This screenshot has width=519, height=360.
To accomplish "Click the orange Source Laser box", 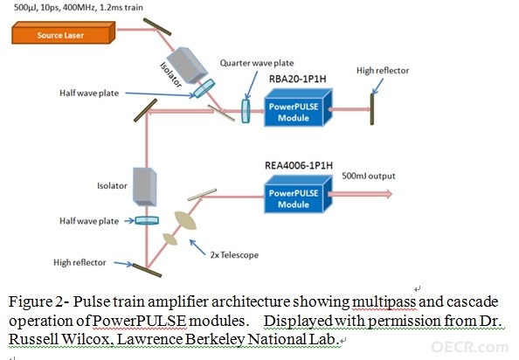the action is click(64, 32).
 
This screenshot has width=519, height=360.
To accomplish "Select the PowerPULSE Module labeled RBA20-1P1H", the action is click(298, 107).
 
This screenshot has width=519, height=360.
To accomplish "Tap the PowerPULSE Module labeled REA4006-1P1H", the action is click(298, 194).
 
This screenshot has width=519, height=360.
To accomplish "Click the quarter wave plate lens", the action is click(246, 111).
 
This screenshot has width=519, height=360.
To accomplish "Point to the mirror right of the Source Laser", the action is click(157, 27).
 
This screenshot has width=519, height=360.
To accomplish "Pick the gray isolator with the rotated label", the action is click(187, 66).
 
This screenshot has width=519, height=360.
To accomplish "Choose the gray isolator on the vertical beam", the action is click(145, 187).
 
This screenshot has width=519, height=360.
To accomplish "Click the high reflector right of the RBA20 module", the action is click(372, 109).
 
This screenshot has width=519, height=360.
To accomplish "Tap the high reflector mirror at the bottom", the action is click(147, 270).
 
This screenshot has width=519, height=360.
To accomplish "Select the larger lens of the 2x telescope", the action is click(185, 220).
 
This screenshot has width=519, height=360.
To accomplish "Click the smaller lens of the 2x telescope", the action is click(170, 239).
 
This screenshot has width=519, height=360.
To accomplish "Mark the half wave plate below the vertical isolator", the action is click(147, 220).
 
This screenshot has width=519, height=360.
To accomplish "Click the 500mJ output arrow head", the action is click(388, 194).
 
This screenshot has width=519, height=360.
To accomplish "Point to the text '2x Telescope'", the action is click(234, 255).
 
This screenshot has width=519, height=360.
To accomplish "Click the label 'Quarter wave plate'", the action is click(257, 63).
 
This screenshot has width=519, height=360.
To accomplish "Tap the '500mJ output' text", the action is click(369, 176).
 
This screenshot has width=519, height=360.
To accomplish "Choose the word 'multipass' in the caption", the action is click(384, 302).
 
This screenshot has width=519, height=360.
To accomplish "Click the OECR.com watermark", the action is click(470, 347).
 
